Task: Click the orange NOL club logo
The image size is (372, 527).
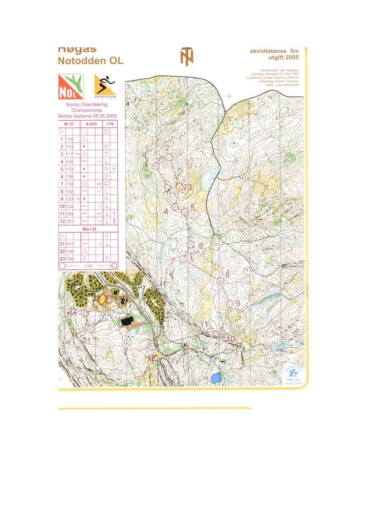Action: pos(71,86)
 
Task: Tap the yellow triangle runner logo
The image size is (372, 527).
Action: pos(105,86)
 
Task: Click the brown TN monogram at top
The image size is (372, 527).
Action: pos(187,57)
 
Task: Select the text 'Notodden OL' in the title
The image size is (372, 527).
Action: pos(90,61)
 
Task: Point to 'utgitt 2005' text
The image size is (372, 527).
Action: pos(283,58)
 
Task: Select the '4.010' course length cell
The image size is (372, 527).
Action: pos(91,124)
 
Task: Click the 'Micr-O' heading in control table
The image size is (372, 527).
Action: pos(89,229)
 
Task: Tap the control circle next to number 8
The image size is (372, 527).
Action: pos(220,281)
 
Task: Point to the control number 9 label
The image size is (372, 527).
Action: pos(238,303)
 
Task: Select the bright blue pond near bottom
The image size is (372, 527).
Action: pos(216,378)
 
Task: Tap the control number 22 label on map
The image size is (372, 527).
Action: pos(73,311)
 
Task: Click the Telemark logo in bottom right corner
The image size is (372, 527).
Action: pos(292,374)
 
